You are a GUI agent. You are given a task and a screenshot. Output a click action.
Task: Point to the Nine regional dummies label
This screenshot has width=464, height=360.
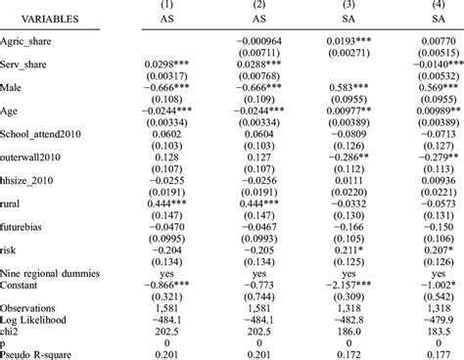[54, 275]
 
